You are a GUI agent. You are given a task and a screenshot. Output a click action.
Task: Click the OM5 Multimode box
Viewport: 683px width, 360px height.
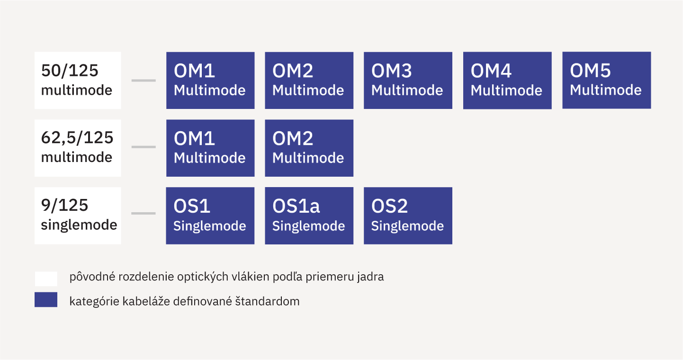pos(606,80)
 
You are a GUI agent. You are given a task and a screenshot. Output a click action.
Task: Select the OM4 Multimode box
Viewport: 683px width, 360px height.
pos(507,81)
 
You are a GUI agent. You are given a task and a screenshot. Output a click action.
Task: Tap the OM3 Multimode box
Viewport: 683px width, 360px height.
pos(408,81)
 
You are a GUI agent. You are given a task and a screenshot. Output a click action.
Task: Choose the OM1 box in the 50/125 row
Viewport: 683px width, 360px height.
pos(210,81)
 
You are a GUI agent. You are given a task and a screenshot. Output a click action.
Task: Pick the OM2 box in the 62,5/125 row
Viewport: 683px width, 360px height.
pos(309,148)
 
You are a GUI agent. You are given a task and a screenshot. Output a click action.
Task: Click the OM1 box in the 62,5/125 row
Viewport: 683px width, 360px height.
pos(210,148)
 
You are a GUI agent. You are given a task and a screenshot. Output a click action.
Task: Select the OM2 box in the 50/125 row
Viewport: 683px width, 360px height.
pos(309,81)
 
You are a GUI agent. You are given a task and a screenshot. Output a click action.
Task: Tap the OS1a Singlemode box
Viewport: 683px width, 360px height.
pos(309,216)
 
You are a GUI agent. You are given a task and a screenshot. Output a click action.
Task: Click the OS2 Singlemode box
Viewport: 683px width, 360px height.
pos(408,216)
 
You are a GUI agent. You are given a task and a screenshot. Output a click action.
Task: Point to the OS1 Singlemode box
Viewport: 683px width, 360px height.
pos(210,216)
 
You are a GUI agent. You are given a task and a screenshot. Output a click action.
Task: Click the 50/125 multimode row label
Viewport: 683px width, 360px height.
pos(78,81)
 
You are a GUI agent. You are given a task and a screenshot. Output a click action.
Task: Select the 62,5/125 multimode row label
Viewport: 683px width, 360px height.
pos(78,148)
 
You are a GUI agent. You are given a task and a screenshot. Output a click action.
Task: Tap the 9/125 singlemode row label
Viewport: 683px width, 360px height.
pos(78,216)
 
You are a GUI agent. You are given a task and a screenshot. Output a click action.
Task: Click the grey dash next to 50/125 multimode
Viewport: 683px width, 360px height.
pos(144,81)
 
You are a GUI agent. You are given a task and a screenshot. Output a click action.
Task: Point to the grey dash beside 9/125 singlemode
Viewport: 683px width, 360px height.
pos(144,213)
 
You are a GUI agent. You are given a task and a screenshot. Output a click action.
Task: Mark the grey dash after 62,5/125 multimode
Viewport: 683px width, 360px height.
pos(144,147)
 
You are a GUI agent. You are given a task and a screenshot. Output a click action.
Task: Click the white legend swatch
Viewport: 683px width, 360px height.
pos(46,279)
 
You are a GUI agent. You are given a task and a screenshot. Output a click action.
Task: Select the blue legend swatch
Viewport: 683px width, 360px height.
pos(46,300)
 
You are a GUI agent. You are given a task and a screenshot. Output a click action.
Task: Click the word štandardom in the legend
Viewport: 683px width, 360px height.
pos(268,301)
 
